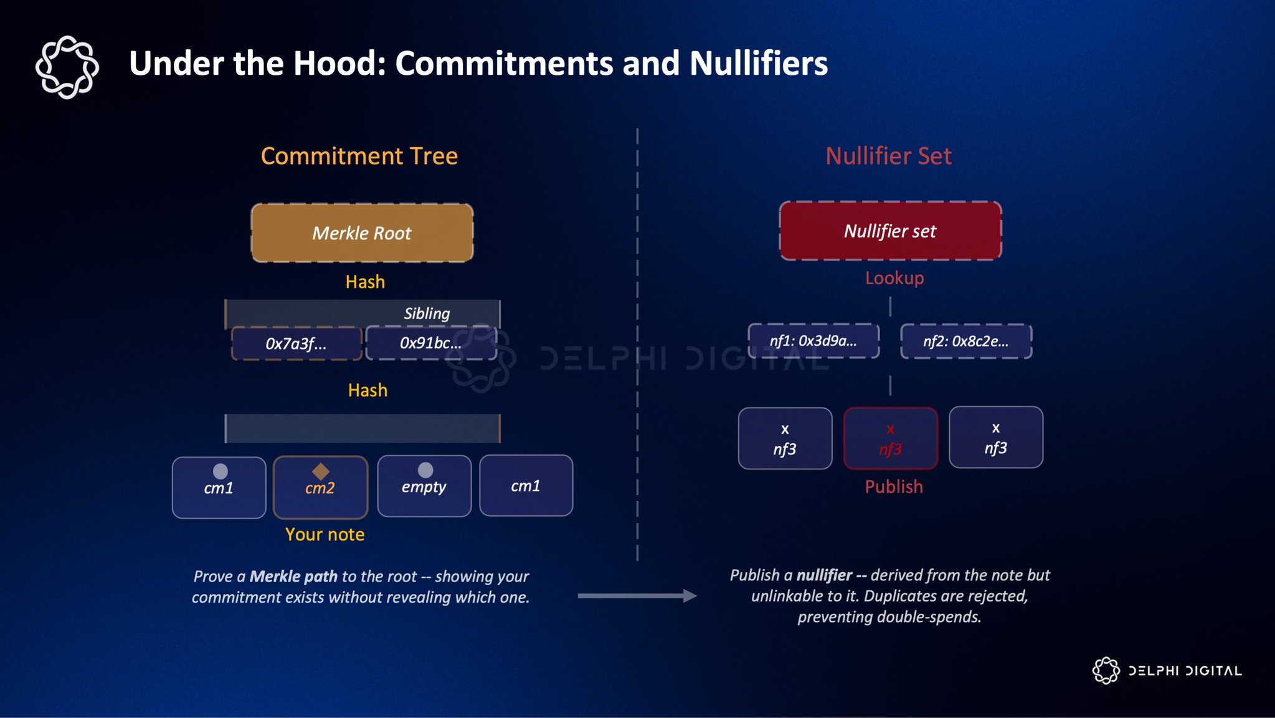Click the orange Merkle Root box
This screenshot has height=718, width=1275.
[362, 232]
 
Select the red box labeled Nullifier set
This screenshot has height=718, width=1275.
[890, 231]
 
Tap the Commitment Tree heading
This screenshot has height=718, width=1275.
[359, 156]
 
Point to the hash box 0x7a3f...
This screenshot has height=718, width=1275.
[296, 343]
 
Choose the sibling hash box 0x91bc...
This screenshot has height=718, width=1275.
[431, 343]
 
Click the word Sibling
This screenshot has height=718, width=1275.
[427, 314]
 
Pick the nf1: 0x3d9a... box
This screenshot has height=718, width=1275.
[813, 341]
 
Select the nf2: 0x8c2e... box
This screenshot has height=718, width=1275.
[966, 341]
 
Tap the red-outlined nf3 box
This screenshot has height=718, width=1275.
[890, 438]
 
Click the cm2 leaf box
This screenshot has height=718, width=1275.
[320, 488]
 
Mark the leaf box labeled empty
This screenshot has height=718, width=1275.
[424, 487]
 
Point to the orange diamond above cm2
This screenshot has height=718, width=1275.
[321, 471]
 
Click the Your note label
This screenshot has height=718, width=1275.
[325, 534]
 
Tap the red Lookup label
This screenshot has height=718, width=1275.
[894, 278]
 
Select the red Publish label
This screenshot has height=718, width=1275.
[894, 486]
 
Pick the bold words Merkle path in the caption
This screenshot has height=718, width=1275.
[293, 577]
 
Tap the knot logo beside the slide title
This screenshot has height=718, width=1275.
[67, 67]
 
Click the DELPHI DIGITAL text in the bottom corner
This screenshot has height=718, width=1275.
[1185, 671]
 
